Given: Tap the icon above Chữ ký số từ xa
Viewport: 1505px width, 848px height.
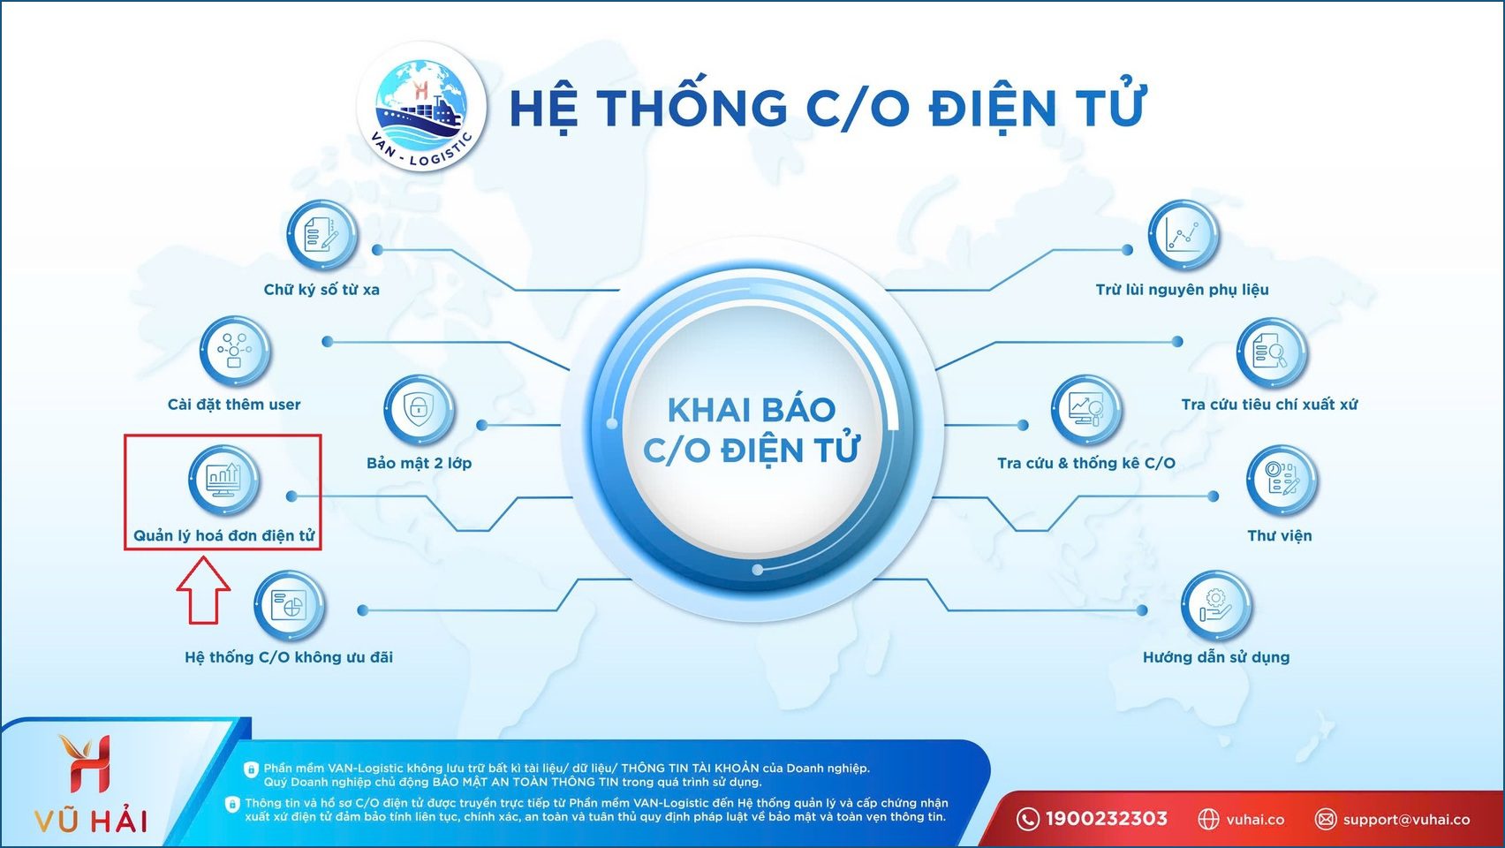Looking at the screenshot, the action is tap(321, 235).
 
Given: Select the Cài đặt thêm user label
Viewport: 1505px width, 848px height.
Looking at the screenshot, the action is tap(234, 405).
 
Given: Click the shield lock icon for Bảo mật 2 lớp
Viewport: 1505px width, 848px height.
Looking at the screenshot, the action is tap(419, 409).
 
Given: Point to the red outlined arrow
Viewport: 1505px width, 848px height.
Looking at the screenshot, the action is tap(203, 590).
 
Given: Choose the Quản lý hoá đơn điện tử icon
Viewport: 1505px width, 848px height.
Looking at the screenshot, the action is tap(223, 480).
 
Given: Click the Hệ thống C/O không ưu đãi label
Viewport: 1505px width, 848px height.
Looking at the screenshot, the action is tap(289, 657).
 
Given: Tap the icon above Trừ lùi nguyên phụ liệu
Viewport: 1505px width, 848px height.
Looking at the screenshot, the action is tap(1183, 235).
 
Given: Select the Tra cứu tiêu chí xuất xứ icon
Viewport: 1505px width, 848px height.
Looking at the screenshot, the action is tap(1271, 352).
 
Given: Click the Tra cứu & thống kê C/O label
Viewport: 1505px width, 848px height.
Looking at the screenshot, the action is tap(1085, 463).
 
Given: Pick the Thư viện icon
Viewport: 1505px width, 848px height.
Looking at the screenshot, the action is tap(1282, 480).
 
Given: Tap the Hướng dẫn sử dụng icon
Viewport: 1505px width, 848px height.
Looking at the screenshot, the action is tap(1216, 606).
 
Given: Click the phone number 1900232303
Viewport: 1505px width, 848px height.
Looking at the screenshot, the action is tap(1106, 819).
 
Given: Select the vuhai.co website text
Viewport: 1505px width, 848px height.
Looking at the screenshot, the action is tap(1255, 820).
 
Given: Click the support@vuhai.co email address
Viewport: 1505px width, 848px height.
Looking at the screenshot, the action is tap(1406, 820).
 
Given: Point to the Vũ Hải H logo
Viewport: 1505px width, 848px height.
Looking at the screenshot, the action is tap(86, 762).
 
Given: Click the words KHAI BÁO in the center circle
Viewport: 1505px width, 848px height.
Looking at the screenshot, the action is tap(751, 410).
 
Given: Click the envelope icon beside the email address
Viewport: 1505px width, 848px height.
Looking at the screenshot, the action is tap(1325, 819).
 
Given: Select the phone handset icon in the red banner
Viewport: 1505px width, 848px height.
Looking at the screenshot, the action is tap(1027, 819).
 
